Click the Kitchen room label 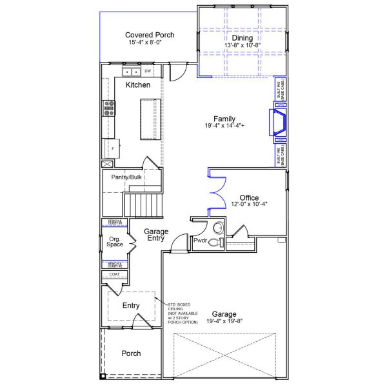137,85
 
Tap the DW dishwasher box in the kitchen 148,71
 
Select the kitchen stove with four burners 108,109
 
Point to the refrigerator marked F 109,148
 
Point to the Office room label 249,197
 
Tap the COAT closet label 114,274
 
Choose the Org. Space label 115,242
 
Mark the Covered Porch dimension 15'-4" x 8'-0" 150,43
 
